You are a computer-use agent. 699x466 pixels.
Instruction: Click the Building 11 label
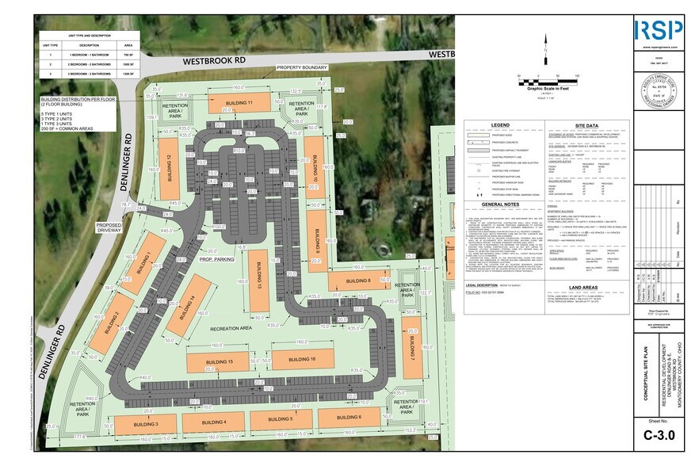239,103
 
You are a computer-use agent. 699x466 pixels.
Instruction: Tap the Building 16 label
302,359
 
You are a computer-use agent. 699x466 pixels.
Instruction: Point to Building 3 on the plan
146,425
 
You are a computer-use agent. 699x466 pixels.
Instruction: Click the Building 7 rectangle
413,361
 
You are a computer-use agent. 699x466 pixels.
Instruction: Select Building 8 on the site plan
359,281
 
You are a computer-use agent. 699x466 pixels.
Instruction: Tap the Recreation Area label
231,327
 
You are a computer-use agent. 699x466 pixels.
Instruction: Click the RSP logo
657,30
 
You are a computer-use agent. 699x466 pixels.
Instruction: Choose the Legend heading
499,125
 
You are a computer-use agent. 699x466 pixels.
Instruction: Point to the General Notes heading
499,204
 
